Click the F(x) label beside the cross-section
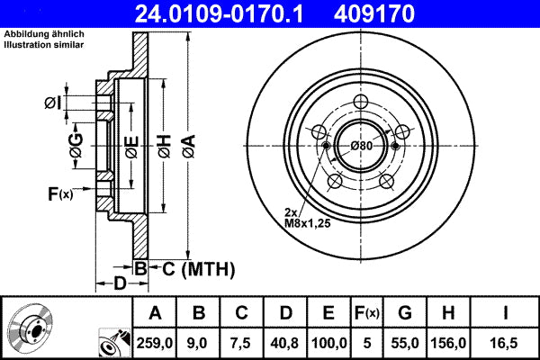click(59, 193)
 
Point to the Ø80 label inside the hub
click(362, 146)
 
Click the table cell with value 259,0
click(155, 343)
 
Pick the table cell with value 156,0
click(448, 343)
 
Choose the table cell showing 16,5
click(508, 343)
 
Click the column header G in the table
click(405, 313)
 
